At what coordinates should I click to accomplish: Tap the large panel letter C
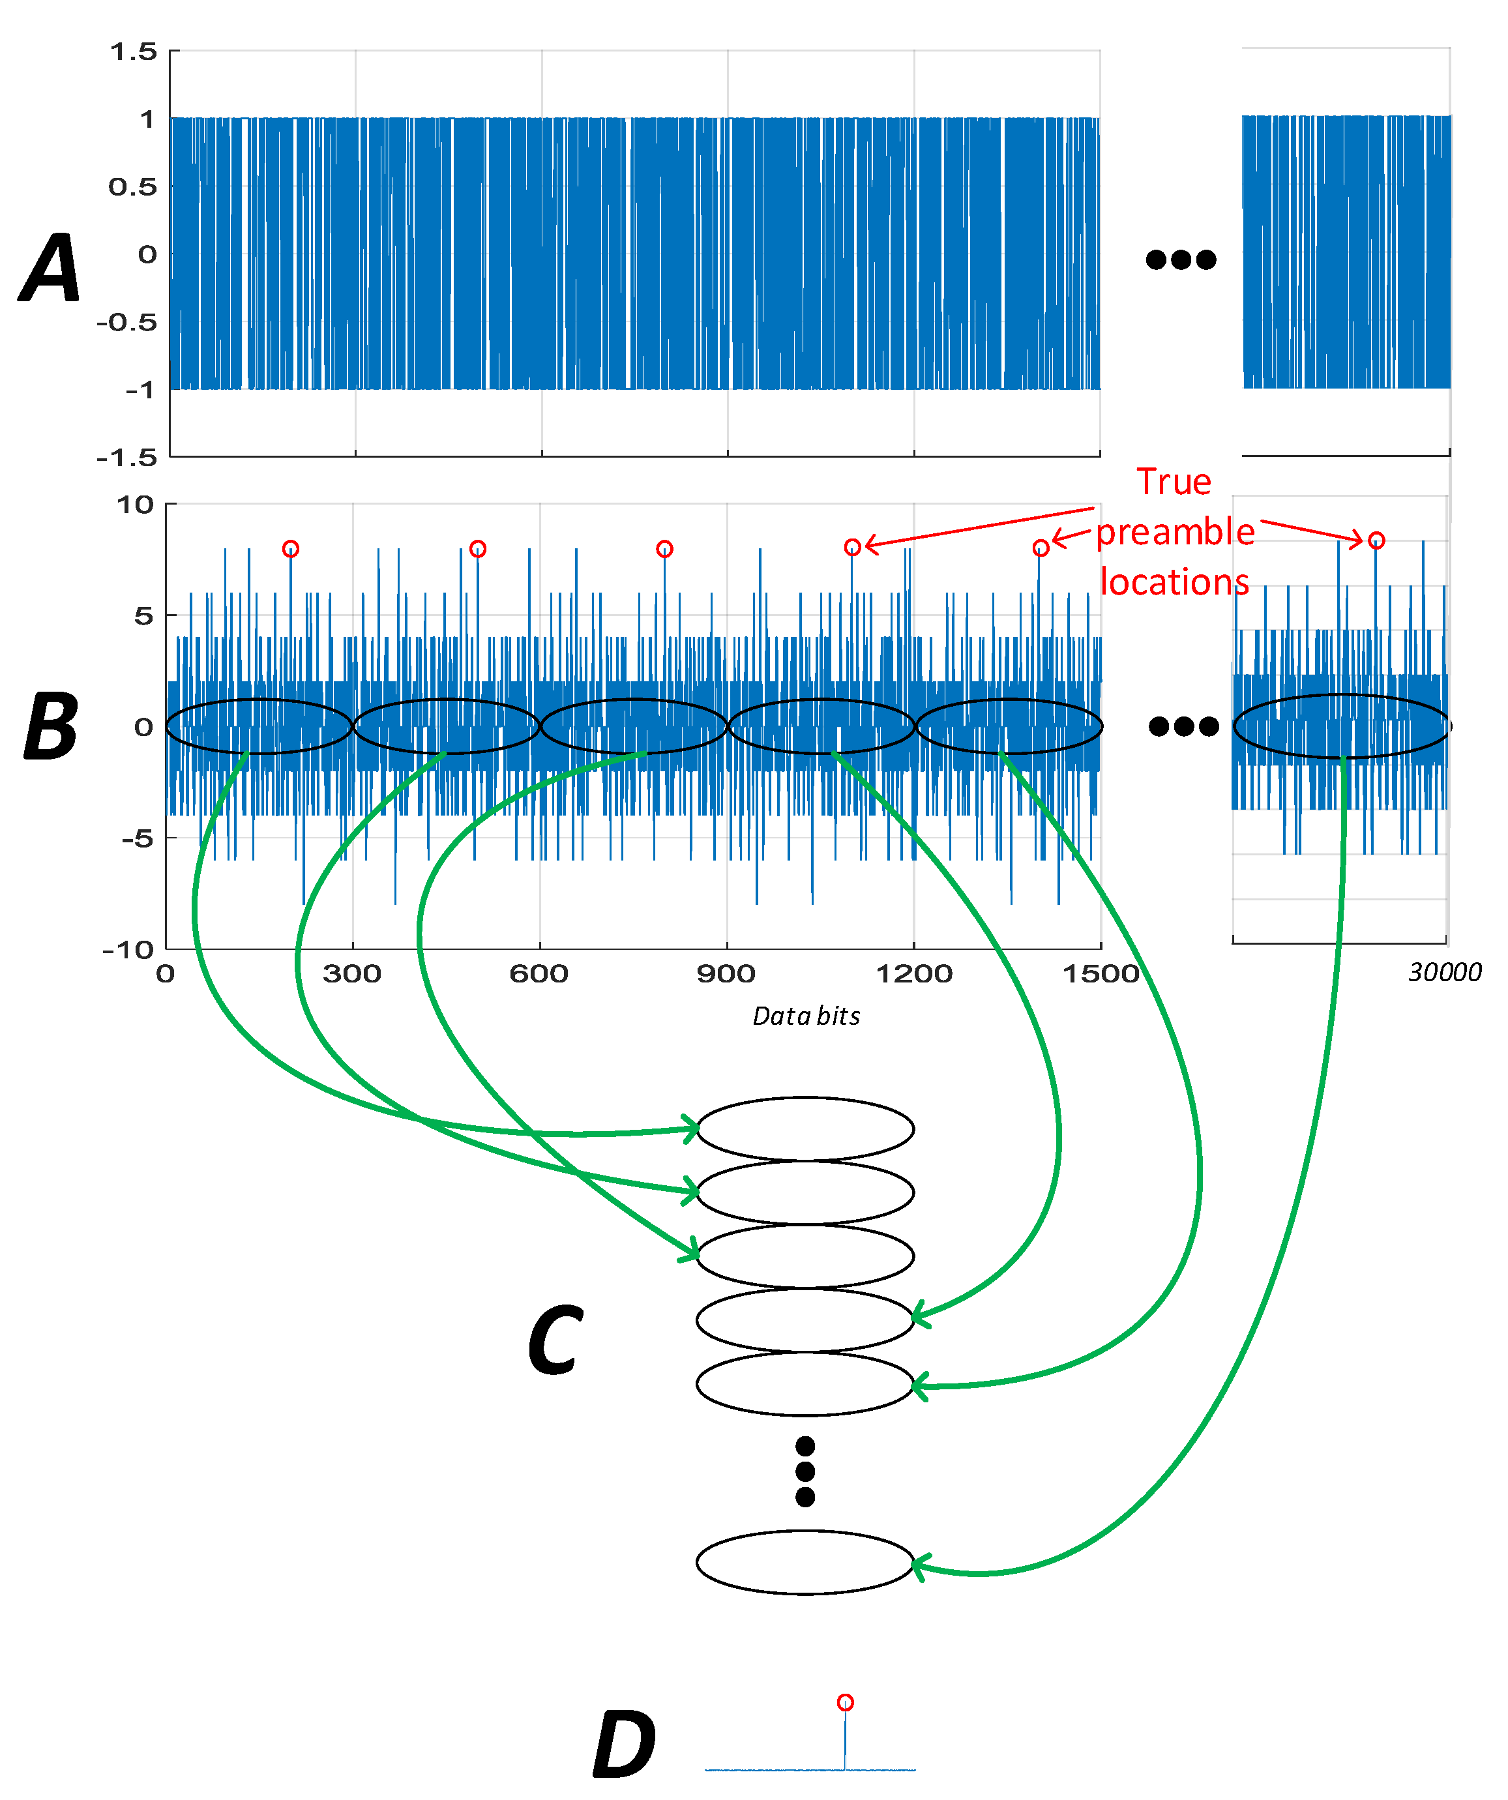point(555,1339)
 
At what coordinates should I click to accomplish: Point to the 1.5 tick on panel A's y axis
point(134,52)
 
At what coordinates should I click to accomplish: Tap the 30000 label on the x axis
point(1445,972)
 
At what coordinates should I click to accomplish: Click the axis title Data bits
point(806,1016)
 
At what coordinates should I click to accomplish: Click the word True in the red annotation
point(1174,482)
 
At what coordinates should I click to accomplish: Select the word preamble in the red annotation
point(1175,532)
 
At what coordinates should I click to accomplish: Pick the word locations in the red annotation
point(1174,582)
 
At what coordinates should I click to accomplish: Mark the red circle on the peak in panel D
point(846,1702)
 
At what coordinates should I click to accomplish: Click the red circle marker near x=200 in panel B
point(291,548)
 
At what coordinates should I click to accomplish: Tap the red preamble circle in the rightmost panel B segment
point(1376,540)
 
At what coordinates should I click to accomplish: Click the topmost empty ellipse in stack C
point(805,1129)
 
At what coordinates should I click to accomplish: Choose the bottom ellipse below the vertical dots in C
point(805,1563)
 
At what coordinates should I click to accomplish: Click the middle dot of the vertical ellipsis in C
point(805,1471)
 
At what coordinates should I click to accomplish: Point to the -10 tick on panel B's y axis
point(128,950)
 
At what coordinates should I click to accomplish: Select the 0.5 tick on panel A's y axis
point(133,187)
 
